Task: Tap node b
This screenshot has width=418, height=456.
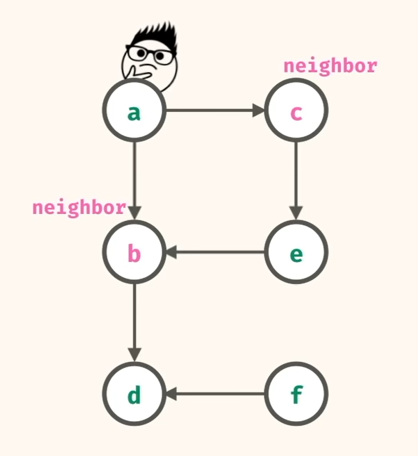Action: point(134,252)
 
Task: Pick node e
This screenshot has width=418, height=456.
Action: point(296,252)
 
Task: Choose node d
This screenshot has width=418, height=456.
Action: point(134,394)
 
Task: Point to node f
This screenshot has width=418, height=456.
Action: point(296,394)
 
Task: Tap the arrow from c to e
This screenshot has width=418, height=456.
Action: point(296,177)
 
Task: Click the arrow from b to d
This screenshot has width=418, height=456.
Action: point(134,320)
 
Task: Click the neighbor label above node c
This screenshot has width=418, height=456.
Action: point(330,66)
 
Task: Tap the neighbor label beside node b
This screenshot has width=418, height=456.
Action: point(79,207)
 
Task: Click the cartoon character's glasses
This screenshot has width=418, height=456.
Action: point(150,55)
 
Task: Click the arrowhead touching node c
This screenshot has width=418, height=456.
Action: point(259,111)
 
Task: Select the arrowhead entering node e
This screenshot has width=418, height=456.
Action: point(296,213)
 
